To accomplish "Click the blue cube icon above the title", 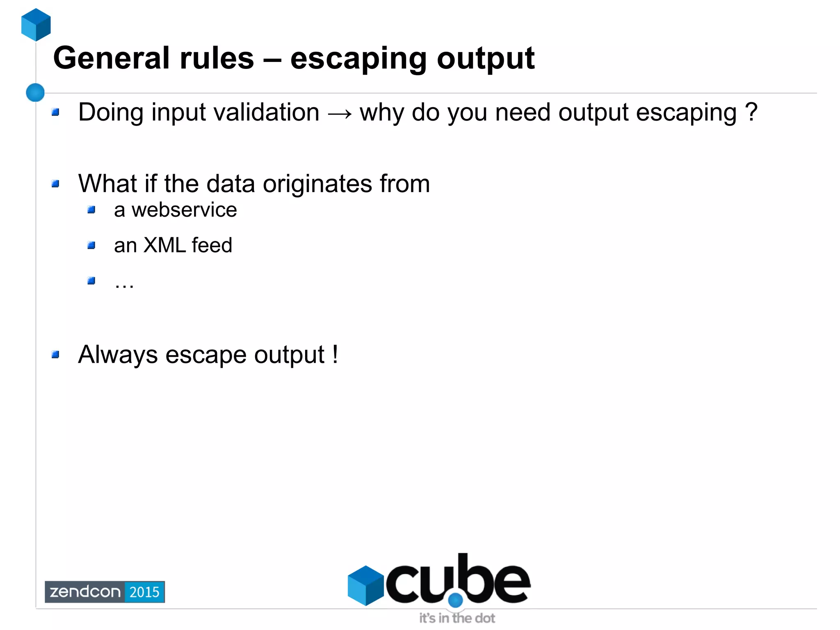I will pos(36,25).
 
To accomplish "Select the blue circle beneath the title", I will pos(35,92).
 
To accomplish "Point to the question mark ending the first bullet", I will pos(751,112).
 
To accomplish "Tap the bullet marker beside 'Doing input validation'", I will pos(56,112).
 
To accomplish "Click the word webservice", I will pos(184,210).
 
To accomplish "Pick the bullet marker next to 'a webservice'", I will pos(91,210).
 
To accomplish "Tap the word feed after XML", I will pos(212,245).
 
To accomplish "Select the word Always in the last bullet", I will pos(118,355).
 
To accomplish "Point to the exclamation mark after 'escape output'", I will pos(335,354).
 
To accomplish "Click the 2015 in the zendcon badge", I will pos(144,592).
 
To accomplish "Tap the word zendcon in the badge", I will pos(85,592).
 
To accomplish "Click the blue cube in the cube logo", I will pos(365,585).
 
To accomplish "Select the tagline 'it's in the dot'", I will pos(457,618).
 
